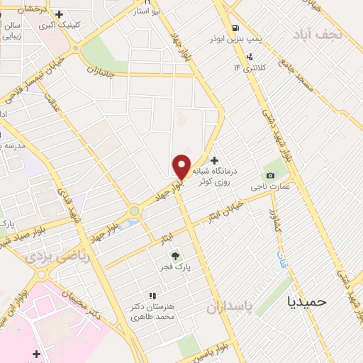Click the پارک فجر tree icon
coord(175,256)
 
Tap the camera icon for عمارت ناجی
coord(270,175)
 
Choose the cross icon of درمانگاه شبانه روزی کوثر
coord(215,160)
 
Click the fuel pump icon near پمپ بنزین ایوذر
coord(248,57)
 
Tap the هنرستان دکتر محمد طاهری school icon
coord(151,295)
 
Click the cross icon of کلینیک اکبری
coord(59,13)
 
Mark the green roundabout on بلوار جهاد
coord(135,211)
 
